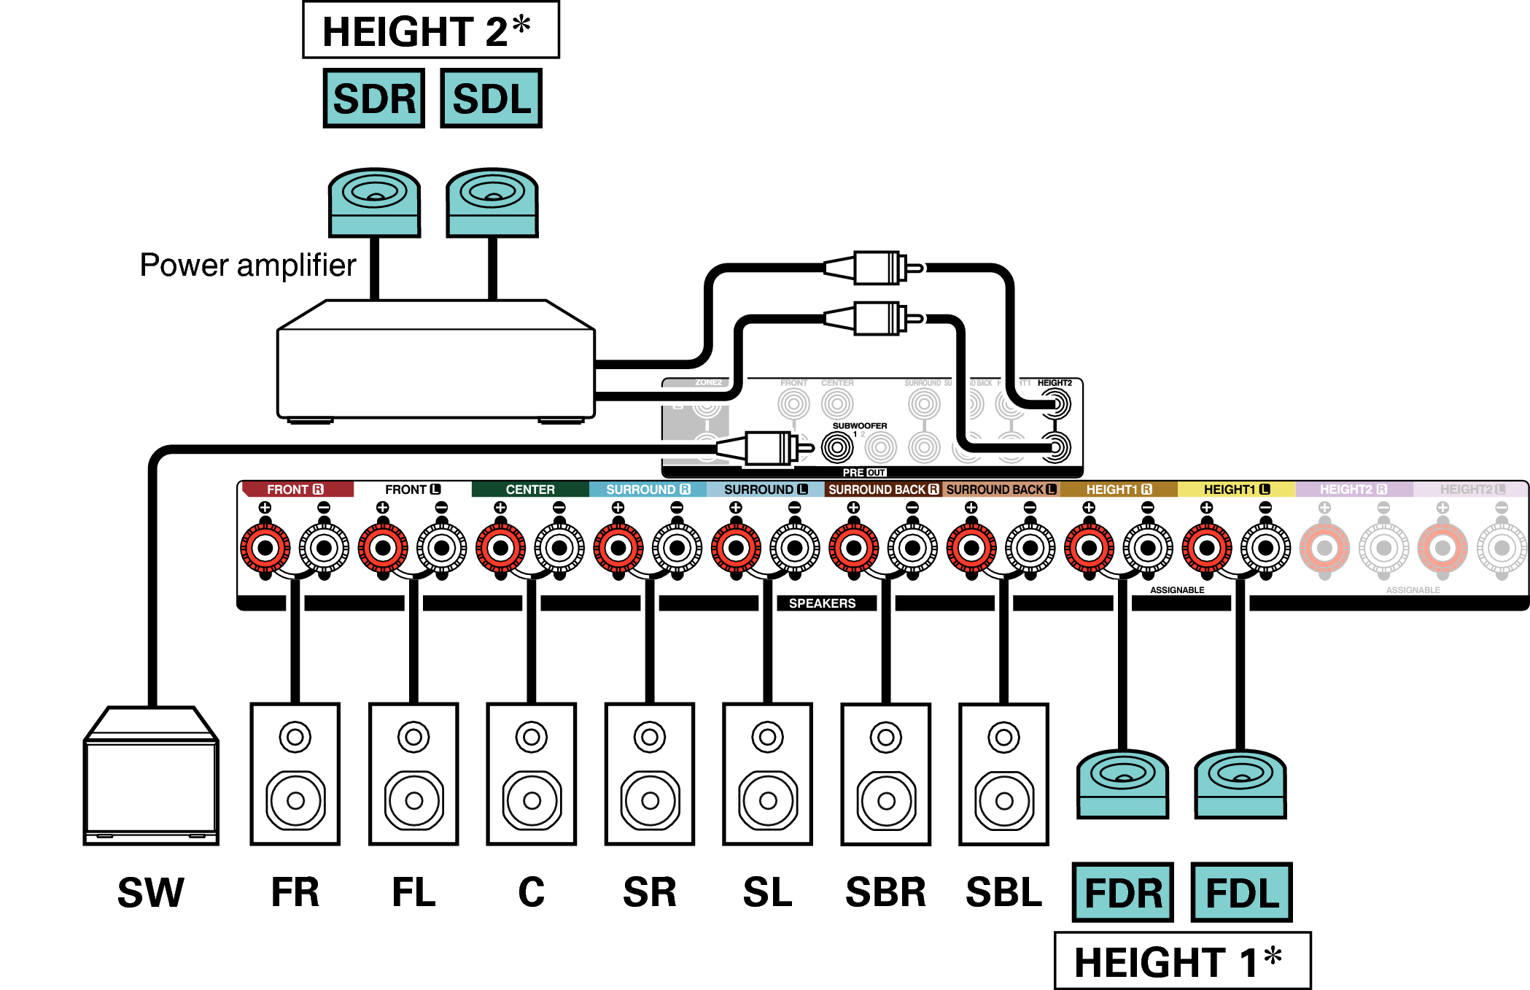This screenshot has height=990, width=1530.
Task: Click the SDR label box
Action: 374,98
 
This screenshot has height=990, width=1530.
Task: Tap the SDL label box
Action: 491,98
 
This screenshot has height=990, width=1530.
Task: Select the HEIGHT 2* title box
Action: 430,31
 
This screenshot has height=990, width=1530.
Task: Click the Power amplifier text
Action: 247,265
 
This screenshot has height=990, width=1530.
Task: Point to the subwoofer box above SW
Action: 151,777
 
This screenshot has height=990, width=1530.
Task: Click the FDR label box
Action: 1122,892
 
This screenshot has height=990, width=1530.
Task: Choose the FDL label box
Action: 1241,892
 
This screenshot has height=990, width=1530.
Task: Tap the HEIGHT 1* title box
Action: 1182,961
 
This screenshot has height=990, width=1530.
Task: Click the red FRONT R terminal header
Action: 295,490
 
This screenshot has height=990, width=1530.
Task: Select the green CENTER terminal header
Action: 530,490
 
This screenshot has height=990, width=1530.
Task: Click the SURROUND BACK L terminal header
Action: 1001,490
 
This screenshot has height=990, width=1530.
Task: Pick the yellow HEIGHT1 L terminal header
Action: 1236,490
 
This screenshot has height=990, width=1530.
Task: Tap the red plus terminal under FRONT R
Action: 265,548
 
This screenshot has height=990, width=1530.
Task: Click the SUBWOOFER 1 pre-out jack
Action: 837,447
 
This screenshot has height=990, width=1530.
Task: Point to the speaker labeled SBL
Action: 1003,774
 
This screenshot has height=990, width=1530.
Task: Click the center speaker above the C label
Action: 532,774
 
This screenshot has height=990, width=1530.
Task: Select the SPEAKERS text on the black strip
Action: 822,603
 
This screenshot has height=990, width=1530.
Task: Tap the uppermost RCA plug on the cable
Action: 875,268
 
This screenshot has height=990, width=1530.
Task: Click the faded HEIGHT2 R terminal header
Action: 1354,490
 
